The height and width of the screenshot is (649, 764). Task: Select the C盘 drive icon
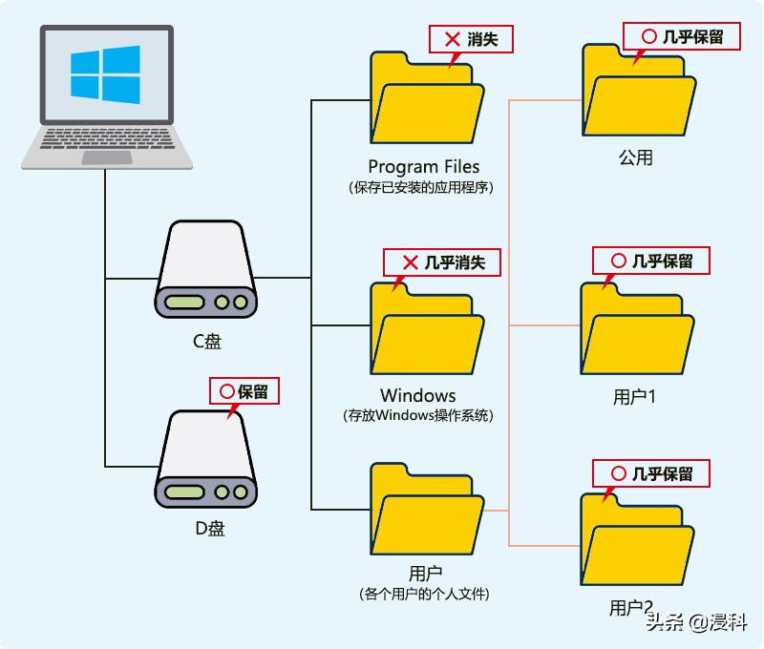[x=206, y=271]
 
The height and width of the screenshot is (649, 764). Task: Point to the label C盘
[x=205, y=341]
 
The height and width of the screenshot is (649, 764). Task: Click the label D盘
[x=205, y=528]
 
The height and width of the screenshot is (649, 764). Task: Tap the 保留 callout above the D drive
[x=244, y=391]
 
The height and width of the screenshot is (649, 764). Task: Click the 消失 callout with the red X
[x=470, y=39]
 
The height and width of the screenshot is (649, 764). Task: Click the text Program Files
[x=424, y=167]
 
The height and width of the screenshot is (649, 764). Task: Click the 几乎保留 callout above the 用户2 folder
[x=652, y=473]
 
